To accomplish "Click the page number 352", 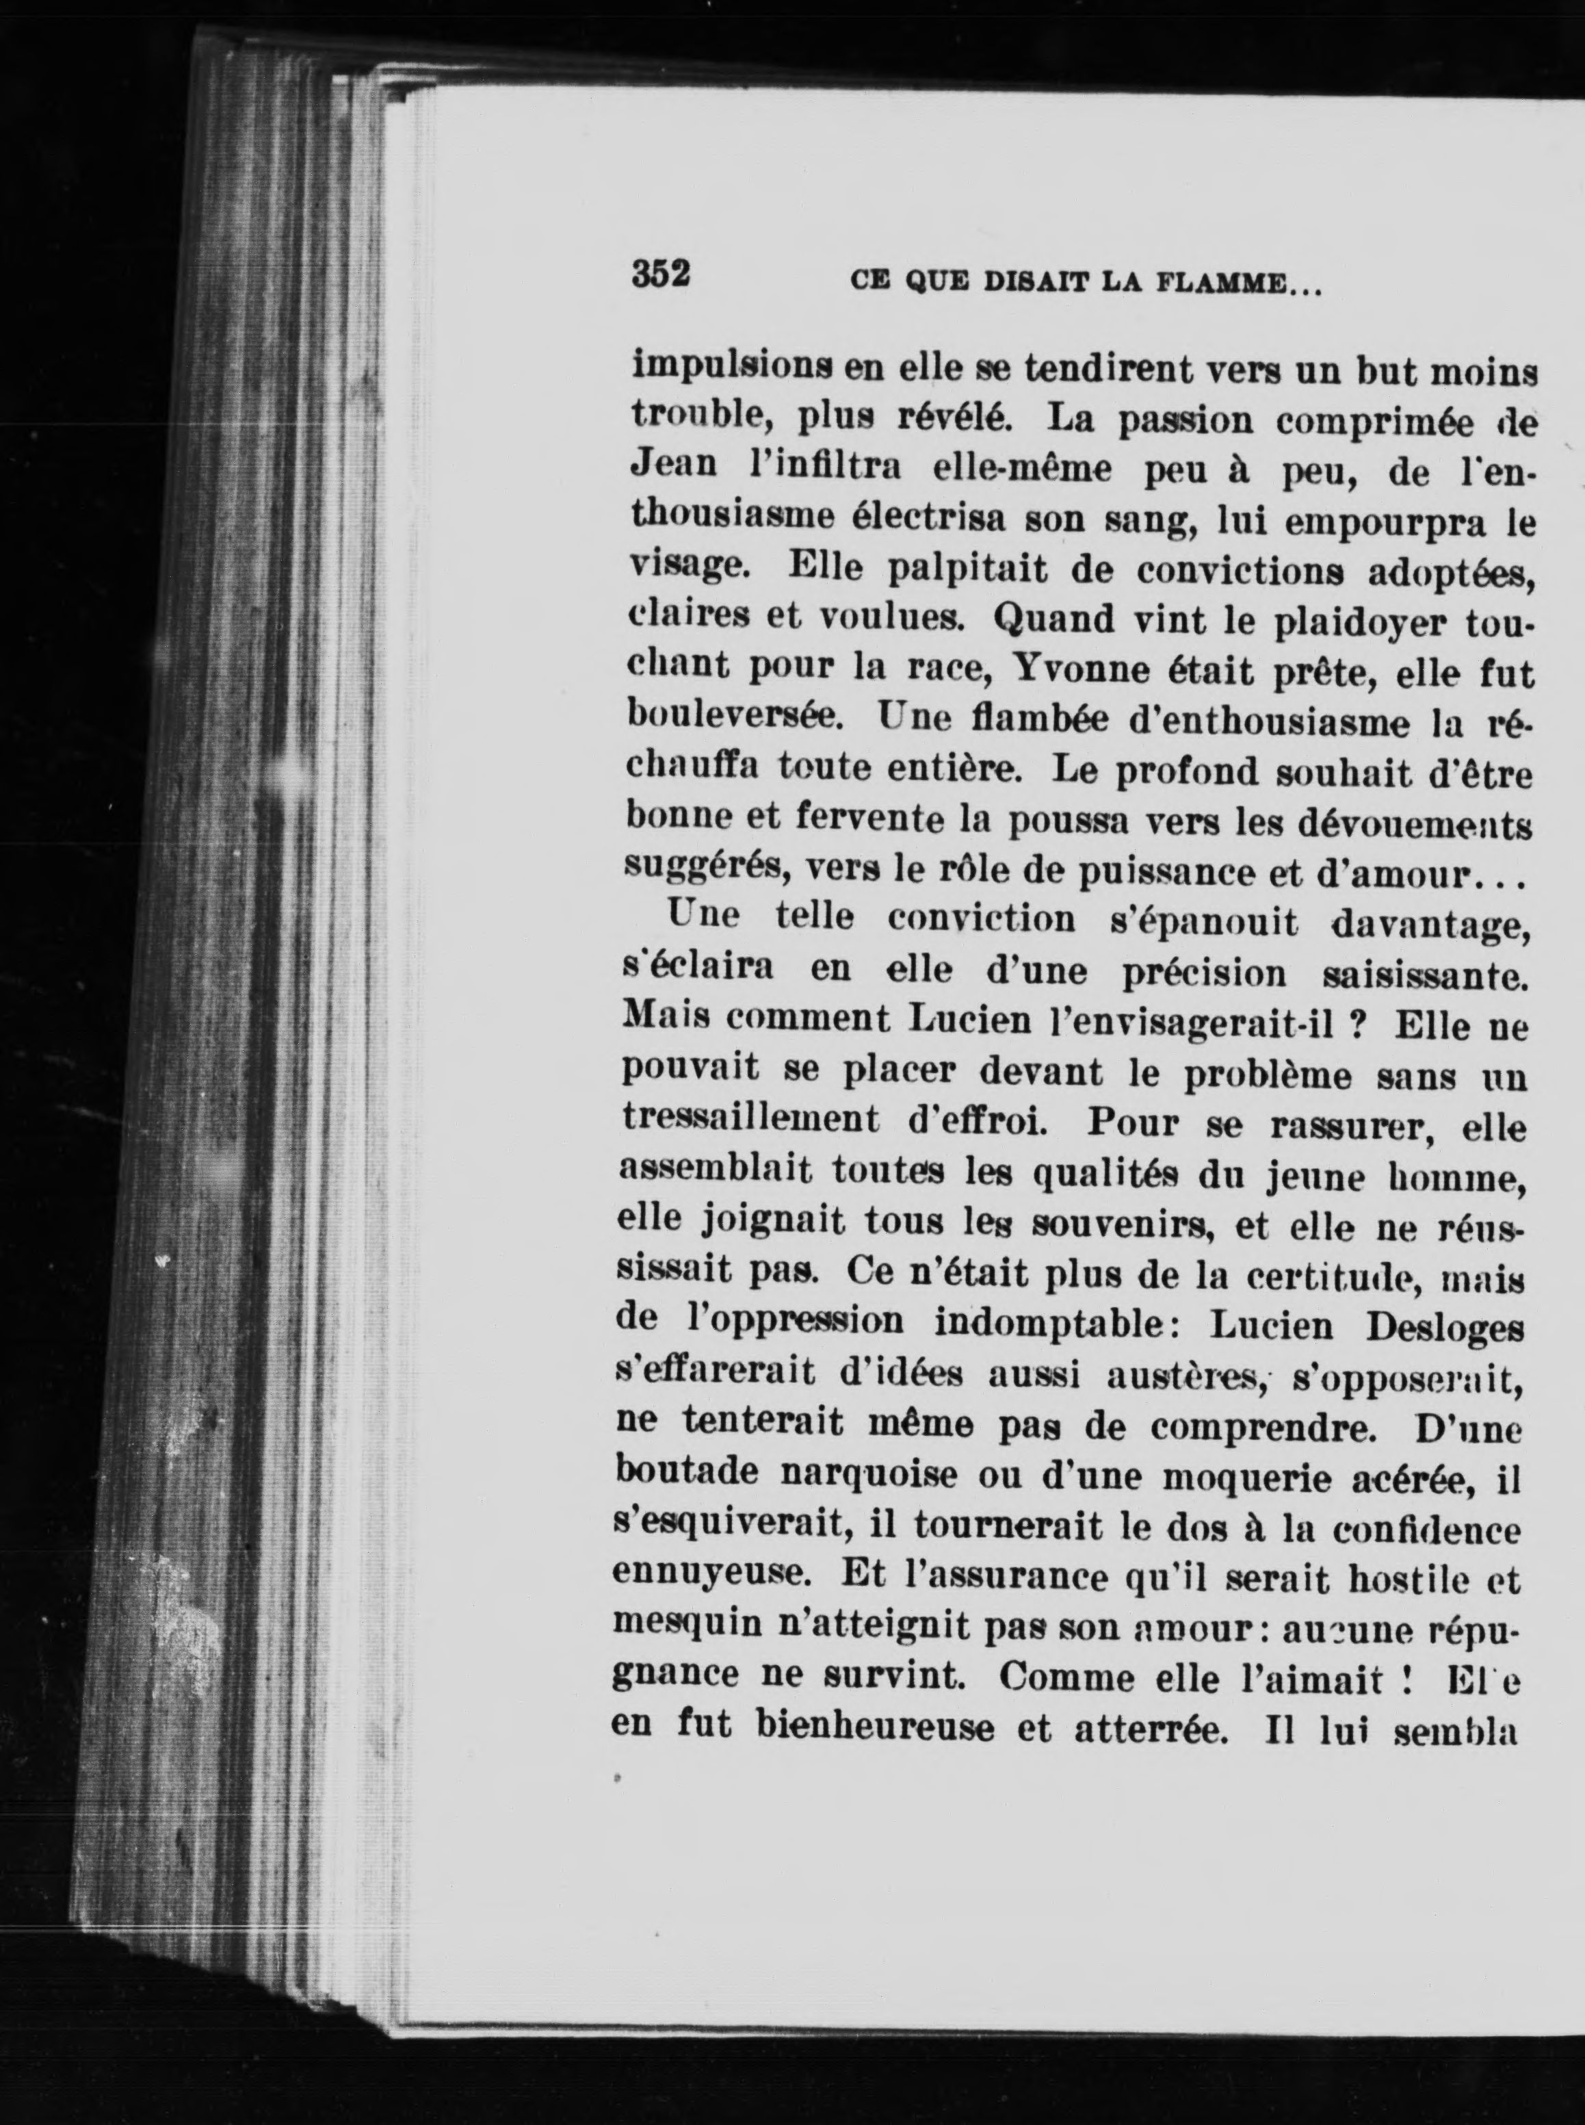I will point(661,274).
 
